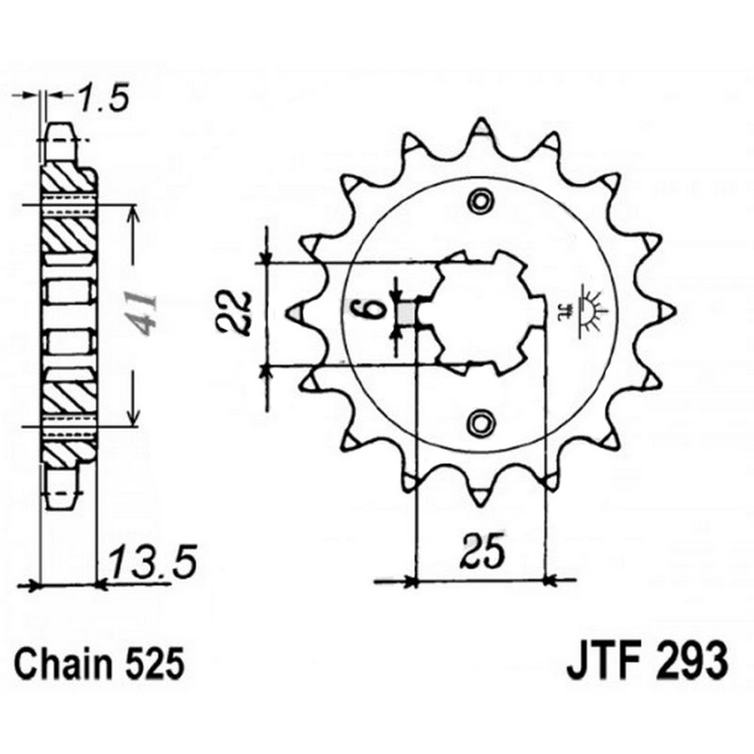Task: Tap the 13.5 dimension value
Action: pyautogui.click(x=153, y=561)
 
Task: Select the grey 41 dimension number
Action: pyautogui.click(x=144, y=314)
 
